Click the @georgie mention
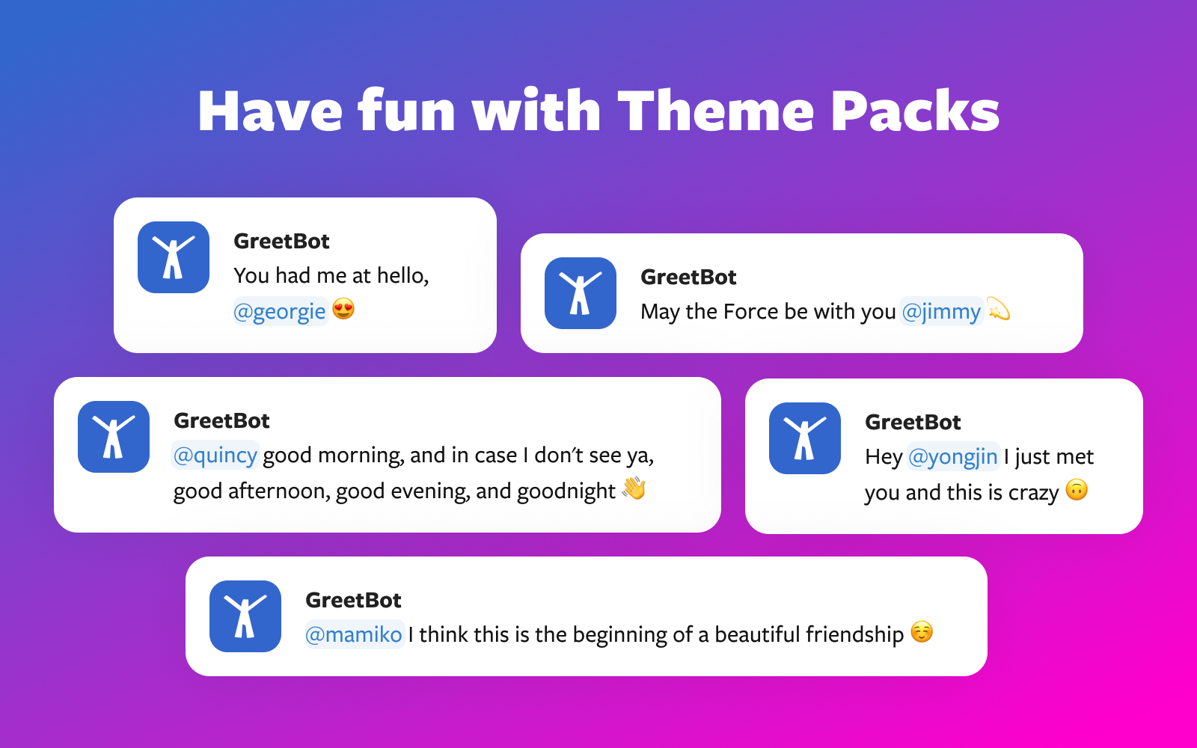coord(280,311)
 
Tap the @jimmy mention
coord(941,311)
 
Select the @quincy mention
coord(215,456)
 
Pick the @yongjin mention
coord(953,457)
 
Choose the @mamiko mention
coord(354,634)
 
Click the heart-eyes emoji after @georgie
coord(343,310)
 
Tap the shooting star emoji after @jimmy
coord(998,309)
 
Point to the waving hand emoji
coord(634,488)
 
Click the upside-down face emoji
coord(1077,490)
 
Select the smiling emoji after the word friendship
coord(922,631)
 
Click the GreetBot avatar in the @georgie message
coord(173,257)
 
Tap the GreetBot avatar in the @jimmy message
coord(581,292)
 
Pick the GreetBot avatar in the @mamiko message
coord(245,616)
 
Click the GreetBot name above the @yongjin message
coord(913,422)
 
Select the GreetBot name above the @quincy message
coord(221,420)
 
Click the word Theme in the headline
coord(715,111)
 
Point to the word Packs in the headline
coord(916,111)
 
